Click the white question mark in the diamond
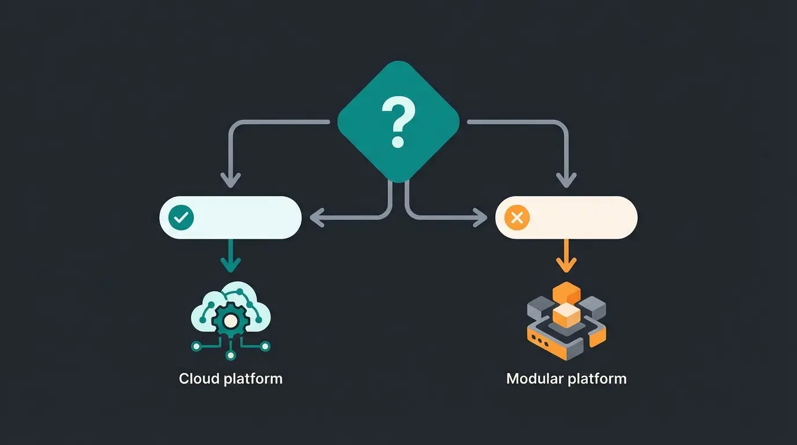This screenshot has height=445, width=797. [x=398, y=122]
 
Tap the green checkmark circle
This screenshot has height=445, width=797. [x=181, y=218]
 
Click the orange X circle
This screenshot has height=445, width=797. [x=517, y=218]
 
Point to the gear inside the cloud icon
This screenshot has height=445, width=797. [x=231, y=320]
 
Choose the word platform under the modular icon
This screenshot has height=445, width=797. [x=597, y=380]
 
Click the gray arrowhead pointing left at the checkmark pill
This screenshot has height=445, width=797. [x=316, y=218]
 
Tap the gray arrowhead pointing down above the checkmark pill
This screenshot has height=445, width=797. [x=231, y=180]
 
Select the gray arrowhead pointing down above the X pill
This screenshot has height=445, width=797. [x=566, y=180]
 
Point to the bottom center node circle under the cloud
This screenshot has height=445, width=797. [x=231, y=355]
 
